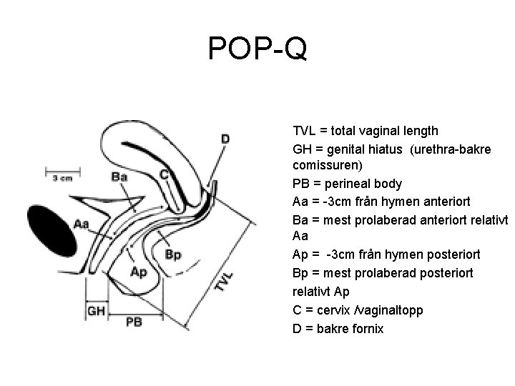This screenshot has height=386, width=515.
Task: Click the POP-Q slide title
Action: click(x=257, y=49)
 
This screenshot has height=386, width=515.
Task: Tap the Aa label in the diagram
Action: click(x=82, y=224)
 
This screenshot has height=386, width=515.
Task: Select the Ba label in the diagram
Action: click(x=120, y=176)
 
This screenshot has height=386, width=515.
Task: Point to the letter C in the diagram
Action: click(x=164, y=174)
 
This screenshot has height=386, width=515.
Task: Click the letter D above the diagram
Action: click(x=225, y=137)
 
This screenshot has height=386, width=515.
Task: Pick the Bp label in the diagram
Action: click(x=173, y=254)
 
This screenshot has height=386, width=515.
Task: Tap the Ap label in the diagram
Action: click(x=139, y=272)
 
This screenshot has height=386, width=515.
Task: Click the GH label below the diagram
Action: click(x=96, y=310)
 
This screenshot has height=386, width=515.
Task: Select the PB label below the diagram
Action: click(x=134, y=322)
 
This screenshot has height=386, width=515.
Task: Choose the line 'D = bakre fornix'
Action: click(x=338, y=329)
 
